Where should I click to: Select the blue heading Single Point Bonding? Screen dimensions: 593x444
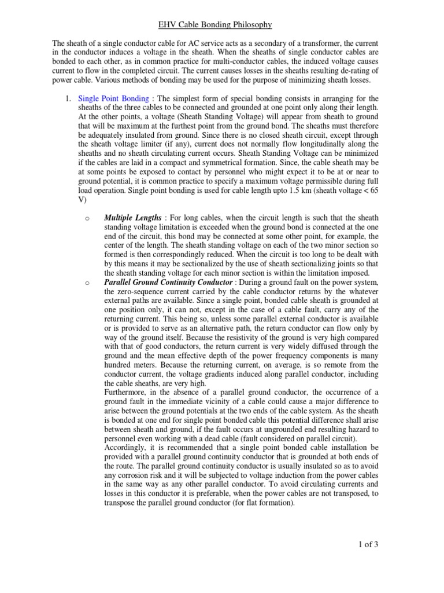[x=113, y=98]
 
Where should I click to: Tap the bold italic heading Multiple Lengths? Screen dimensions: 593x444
[x=132, y=218]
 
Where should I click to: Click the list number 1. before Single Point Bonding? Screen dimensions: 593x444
[x=67, y=98]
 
